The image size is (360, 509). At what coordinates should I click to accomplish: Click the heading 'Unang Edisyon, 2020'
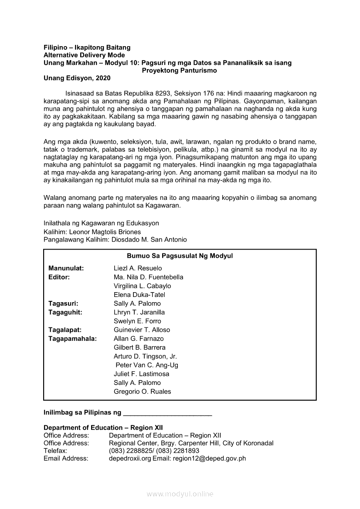click(77, 78)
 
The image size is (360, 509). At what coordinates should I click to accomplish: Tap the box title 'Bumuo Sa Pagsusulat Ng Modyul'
click(180, 256)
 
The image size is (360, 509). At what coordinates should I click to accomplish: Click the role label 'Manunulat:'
click(66, 268)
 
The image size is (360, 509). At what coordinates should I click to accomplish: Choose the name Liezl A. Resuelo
click(138, 268)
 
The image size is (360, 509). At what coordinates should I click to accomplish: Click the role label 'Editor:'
click(59, 277)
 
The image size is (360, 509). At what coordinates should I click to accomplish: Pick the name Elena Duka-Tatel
click(139, 295)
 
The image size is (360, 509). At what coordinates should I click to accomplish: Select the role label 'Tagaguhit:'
click(66, 312)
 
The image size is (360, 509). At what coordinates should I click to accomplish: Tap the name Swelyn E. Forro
click(137, 321)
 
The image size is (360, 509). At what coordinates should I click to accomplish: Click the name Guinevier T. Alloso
click(142, 330)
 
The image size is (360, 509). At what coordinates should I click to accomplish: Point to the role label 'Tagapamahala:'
click(73, 339)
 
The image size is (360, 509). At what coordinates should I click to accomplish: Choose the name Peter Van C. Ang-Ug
click(147, 365)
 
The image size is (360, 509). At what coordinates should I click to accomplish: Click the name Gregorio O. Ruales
click(143, 391)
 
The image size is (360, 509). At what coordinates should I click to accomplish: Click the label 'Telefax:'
click(55, 451)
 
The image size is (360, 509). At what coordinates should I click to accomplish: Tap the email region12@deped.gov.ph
click(209, 458)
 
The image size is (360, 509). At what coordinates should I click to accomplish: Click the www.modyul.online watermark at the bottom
click(180, 494)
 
